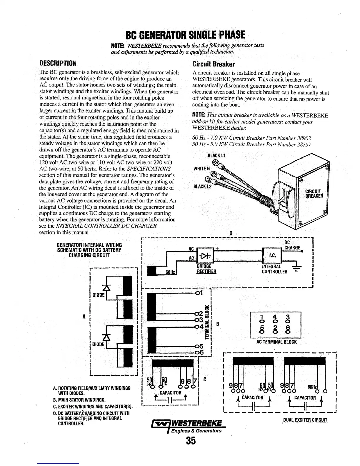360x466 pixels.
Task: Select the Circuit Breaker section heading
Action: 213,64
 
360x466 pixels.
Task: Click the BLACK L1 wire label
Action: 217,155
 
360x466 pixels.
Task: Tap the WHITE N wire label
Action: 201,169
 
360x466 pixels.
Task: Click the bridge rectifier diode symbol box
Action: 206,255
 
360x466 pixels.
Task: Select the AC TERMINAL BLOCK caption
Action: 276,342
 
